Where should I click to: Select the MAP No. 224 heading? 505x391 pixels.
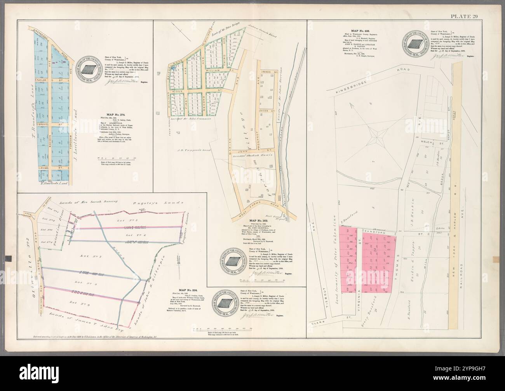click(x=188, y=290)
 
